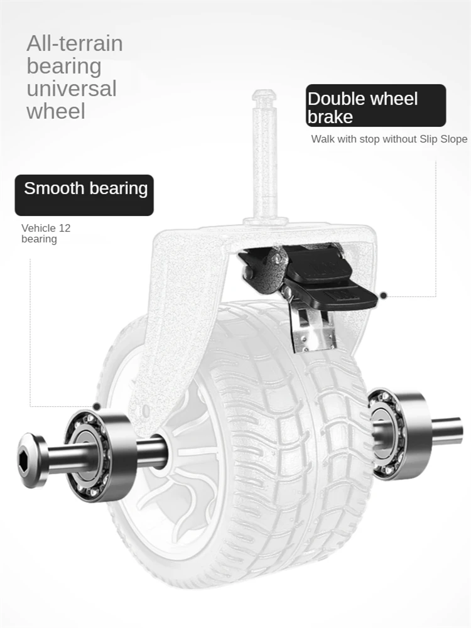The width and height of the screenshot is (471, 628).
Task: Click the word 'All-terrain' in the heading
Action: pyautogui.click(x=74, y=44)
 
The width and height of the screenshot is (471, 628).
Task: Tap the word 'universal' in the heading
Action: pyautogui.click(x=71, y=89)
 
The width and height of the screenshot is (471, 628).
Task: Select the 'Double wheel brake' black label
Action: pyautogui.click(x=376, y=106)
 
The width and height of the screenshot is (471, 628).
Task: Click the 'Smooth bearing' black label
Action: pyautogui.click(x=85, y=195)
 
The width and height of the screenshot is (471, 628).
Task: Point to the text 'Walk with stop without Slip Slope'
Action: pyautogui.click(x=389, y=139)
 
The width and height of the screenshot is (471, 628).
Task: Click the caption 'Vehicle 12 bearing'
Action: pyautogui.click(x=46, y=233)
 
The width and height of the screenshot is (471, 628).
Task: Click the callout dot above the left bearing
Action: pyautogui.click(x=97, y=407)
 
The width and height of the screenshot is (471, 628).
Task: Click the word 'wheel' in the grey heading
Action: pyautogui.click(x=55, y=112)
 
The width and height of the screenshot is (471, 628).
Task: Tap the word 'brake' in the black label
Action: pyautogui.click(x=330, y=117)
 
